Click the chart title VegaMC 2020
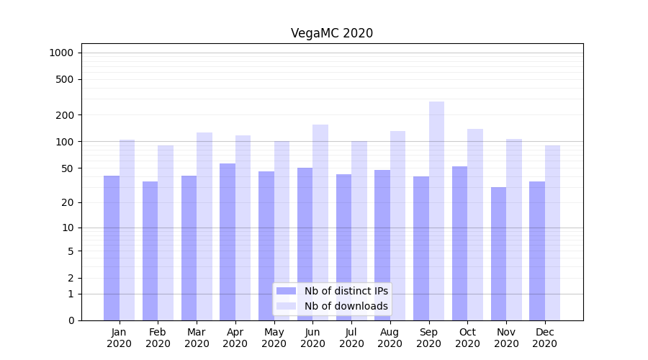[x=332, y=33]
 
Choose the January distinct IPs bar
[x=112, y=248]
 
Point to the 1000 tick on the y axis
[x=61, y=53]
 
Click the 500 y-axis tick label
[x=65, y=79]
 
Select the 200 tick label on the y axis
[x=65, y=115]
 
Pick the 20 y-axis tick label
[x=68, y=202]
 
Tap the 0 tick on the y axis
[x=71, y=320]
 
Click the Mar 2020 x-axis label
[x=197, y=338]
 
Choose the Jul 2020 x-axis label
[x=351, y=338]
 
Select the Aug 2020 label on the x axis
[x=390, y=338]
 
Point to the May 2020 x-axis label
[x=274, y=338]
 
